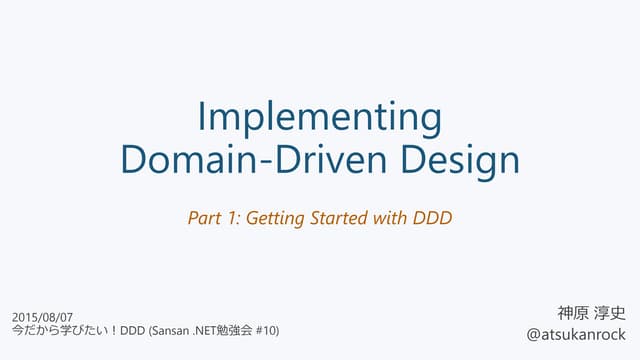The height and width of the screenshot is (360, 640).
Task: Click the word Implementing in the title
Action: coord(320,119)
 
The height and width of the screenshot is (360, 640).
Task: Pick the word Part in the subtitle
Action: coord(204,216)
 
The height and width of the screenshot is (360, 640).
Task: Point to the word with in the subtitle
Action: coord(391,216)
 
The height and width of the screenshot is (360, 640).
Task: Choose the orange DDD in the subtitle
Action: coord(432,216)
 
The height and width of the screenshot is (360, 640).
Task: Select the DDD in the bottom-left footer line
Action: coord(132,331)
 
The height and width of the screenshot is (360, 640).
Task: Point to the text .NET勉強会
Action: coord(226,331)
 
